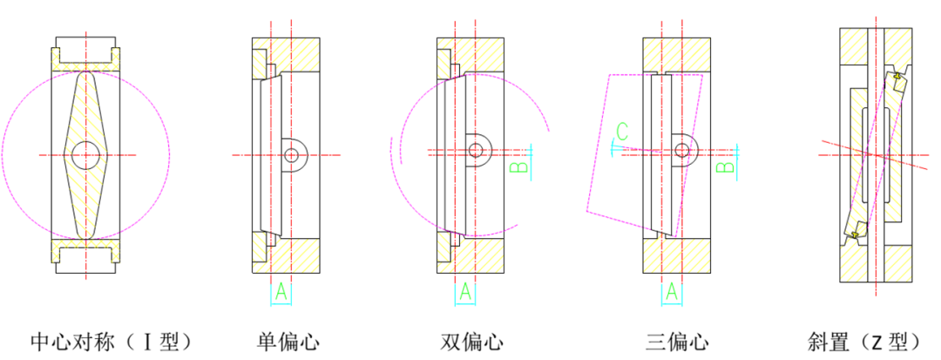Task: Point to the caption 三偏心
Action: click(677, 343)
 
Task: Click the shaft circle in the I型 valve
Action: click(85, 155)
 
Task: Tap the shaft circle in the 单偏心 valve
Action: click(292, 155)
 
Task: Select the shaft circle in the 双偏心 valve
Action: click(476, 150)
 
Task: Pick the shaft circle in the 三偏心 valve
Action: click(682, 150)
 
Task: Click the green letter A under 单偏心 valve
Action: click(281, 292)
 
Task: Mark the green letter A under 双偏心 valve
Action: click(465, 292)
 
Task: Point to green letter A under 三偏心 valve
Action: click(672, 292)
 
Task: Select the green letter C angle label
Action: click(622, 130)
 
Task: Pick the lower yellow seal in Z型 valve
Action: click(855, 234)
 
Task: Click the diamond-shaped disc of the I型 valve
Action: click(85, 155)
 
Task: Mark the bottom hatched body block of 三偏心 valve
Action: click(677, 255)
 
